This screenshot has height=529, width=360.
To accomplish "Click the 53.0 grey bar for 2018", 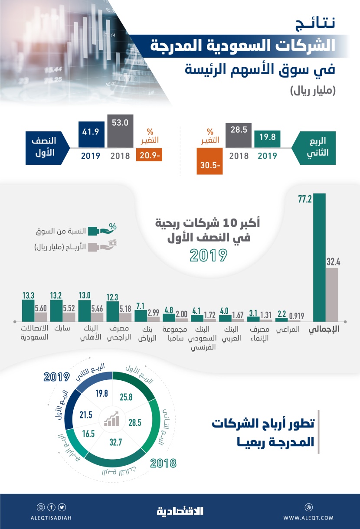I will pos(120,131).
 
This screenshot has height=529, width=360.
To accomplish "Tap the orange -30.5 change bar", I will pos(209,161).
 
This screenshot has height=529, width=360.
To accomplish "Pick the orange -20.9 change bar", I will pos(149,155).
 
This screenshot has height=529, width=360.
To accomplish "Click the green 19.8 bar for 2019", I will pos(267,139).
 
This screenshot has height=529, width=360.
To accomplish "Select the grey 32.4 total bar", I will pos(332,294).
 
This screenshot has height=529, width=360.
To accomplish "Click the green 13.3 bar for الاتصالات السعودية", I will pos(28,310).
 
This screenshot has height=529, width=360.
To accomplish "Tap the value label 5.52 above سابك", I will pos(69,306).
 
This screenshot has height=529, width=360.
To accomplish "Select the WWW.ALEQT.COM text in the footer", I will pos(308,518).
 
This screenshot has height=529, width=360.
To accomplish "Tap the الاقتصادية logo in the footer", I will pos(180,511).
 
